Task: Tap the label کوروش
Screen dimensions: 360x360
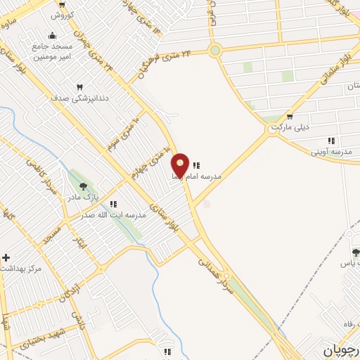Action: pyautogui.click(x=62, y=14)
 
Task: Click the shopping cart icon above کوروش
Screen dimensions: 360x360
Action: pyautogui.click(x=62, y=4)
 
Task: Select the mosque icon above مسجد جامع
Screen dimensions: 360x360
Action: pyautogui.click(x=51, y=36)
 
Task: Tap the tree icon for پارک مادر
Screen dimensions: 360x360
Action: pyautogui.click(x=84, y=186)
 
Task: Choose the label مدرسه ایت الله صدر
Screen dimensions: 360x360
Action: pyautogui.click(x=112, y=214)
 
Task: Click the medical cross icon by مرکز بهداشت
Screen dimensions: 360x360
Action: pyautogui.click(x=6, y=258)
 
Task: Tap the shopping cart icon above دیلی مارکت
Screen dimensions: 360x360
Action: pyautogui.click(x=289, y=117)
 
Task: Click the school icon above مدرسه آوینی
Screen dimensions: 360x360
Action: pyautogui.click(x=331, y=141)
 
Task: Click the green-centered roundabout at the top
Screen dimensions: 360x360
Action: pyautogui.click(x=215, y=50)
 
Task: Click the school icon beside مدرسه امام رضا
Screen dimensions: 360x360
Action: pyautogui.click(x=196, y=165)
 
